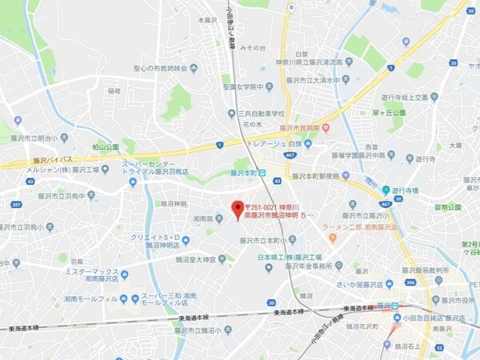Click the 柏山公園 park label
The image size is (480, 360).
click(x=105, y=147)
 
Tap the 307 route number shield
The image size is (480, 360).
click(x=16, y=204)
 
